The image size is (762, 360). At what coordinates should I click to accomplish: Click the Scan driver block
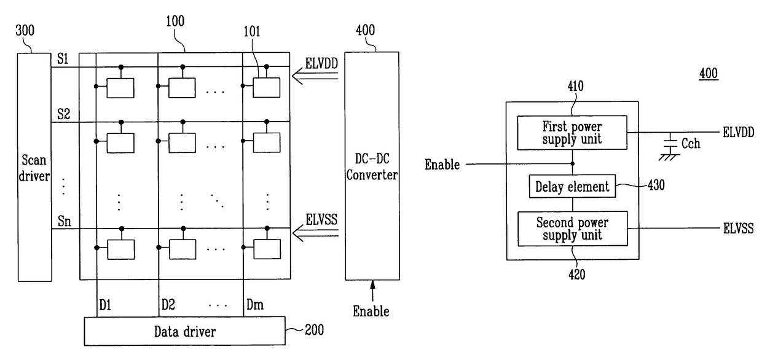coord(34,167)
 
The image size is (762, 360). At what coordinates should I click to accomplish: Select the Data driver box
coord(185,331)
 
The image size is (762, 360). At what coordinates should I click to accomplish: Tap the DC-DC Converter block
coord(372,166)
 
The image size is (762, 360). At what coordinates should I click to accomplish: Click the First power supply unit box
coord(572,133)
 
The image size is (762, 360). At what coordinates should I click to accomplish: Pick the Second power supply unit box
coord(573,229)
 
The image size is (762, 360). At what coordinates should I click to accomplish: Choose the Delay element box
coord(572,186)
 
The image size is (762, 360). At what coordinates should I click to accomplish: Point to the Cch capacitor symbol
coord(670,143)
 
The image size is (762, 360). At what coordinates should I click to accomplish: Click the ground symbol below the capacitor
coord(669,157)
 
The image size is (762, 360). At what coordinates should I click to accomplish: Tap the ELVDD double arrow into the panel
coord(315,76)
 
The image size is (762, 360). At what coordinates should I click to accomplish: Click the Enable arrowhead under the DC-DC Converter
coord(372,285)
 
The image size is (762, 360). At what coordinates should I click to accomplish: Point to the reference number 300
coord(25,31)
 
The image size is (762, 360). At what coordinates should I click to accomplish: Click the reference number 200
coord(315,330)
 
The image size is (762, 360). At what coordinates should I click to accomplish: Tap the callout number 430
coord(656,186)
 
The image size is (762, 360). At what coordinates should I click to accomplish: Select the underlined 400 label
coord(709,74)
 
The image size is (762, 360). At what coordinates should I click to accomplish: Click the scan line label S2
coord(64,114)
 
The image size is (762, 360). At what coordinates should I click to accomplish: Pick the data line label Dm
coord(255,305)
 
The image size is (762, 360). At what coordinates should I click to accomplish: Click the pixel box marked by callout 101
coord(267,88)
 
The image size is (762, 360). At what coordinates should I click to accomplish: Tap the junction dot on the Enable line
coord(573,164)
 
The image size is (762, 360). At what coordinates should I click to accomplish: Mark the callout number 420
coord(577,275)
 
